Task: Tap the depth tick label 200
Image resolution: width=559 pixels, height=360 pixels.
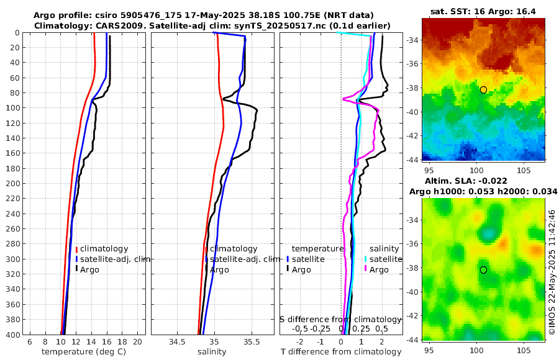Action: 13,184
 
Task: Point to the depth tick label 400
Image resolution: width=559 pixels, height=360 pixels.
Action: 13,335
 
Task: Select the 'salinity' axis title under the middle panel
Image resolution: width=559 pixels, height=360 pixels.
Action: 212,352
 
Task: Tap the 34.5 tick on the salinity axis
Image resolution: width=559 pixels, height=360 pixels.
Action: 177,341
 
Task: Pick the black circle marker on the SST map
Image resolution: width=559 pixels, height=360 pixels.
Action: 483,90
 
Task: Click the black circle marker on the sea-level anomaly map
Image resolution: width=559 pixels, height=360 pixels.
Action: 483,270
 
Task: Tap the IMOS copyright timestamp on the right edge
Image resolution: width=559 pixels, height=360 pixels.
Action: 552,272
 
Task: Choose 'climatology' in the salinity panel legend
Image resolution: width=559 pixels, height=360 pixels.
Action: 234,248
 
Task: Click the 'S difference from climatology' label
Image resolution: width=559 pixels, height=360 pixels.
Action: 340,319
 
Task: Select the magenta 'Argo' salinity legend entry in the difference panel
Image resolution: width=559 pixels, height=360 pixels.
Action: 379,269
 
